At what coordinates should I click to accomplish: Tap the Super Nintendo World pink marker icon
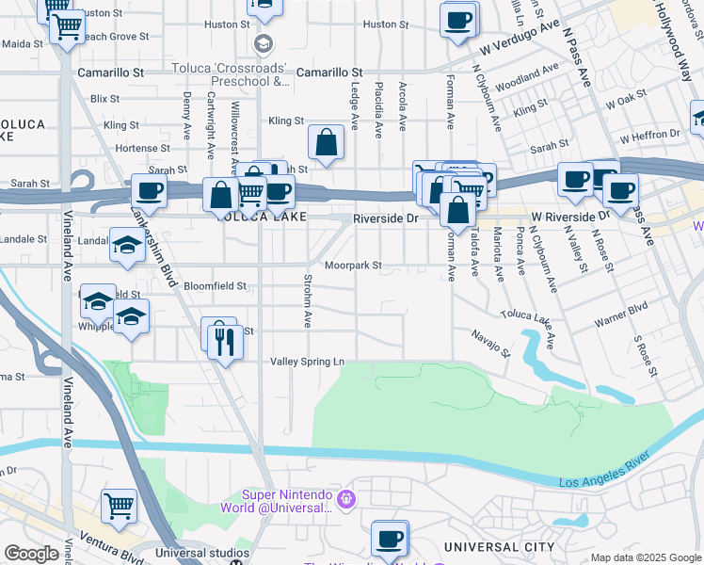(x=346, y=497)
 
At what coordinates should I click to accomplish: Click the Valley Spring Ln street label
(x=308, y=362)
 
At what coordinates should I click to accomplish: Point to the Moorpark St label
(x=353, y=266)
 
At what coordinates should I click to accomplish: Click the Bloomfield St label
(x=215, y=285)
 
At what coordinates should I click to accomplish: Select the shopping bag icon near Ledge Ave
(x=325, y=144)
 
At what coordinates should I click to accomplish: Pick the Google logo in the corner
(x=31, y=554)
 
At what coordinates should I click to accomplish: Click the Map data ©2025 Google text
(x=646, y=557)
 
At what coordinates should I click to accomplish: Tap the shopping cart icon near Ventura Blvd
(x=119, y=507)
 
